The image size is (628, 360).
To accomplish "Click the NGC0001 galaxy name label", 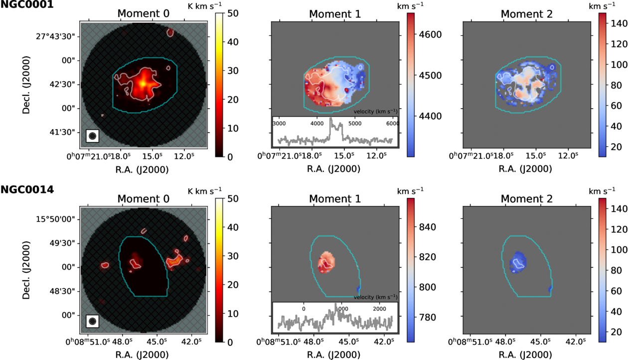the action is pyautogui.click(x=27, y=4).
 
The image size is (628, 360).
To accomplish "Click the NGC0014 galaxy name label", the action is pyautogui.click(x=27, y=189).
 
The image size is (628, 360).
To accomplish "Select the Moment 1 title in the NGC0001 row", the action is pyautogui.click(x=335, y=14).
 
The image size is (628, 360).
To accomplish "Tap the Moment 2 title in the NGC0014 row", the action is pyautogui.click(x=526, y=199).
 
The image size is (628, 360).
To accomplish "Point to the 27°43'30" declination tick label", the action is pyautogui.click(x=55, y=37).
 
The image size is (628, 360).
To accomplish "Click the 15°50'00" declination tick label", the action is pyautogui.click(x=55, y=219).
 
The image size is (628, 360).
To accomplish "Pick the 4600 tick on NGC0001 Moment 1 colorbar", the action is pyautogui.click(x=430, y=34).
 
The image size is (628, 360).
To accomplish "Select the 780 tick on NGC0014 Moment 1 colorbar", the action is pyautogui.click(x=428, y=318).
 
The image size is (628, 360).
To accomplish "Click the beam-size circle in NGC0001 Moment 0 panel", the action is pyautogui.click(x=93, y=136).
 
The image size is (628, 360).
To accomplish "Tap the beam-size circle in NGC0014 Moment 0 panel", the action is pyautogui.click(x=93, y=321).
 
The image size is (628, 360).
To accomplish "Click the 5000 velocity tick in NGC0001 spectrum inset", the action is pyautogui.click(x=355, y=124).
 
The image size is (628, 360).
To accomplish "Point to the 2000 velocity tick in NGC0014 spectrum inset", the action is pyautogui.click(x=379, y=309).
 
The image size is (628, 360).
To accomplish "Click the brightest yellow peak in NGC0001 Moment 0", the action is pyautogui.click(x=143, y=83).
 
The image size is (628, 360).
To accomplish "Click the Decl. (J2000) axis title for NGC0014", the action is pyautogui.click(x=26, y=270).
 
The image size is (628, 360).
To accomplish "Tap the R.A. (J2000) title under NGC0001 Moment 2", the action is pyautogui.click(x=525, y=169).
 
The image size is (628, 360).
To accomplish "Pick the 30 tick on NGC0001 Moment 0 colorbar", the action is pyautogui.click(x=233, y=71).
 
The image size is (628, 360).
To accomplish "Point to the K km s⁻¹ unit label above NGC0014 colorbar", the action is pyautogui.click(x=204, y=191).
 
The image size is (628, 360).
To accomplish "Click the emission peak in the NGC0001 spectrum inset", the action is pyautogui.click(x=331, y=119).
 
